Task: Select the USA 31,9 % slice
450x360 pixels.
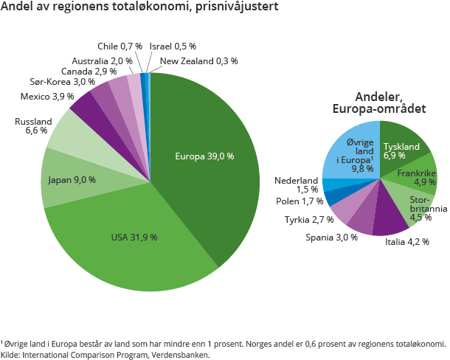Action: (x=133, y=236)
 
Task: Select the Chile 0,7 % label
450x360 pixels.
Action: (x=120, y=46)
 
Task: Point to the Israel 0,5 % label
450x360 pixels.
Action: (x=169, y=46)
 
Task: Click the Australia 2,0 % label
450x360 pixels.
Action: (x=102, y=60)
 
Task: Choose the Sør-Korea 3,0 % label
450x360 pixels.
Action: (x=62, y=82)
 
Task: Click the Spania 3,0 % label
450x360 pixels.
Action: (x=331, y=237)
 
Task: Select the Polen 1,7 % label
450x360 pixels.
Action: (x=300, y=201)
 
